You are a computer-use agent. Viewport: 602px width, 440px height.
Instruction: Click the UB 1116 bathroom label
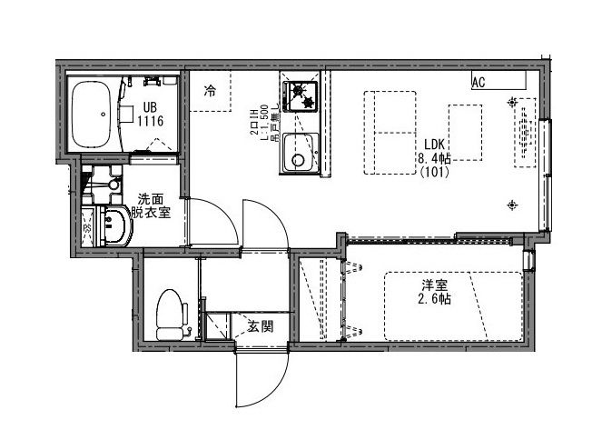click(x=150, y=112)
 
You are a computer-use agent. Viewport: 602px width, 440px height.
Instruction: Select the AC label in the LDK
click(x=479, y=83)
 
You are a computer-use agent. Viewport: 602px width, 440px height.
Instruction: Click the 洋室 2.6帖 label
click(x=435, y=291)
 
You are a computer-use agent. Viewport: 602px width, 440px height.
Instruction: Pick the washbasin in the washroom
click(x=114, y=226)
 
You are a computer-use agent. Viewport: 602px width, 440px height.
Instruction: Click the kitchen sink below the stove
click(x=300, y=153)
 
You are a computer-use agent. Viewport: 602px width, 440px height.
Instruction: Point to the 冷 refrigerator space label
click(x=211, y=91)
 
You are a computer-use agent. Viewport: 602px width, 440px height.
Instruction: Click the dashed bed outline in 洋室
click(x=454, y=305)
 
